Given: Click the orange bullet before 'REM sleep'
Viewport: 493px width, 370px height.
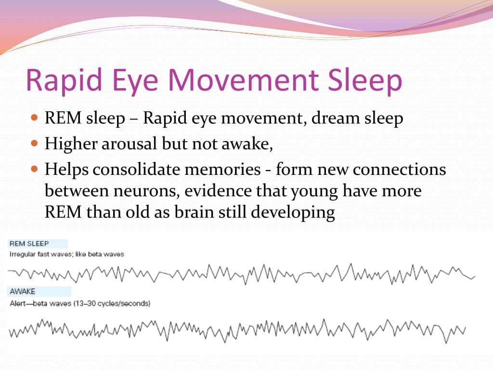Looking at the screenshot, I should (34, 118).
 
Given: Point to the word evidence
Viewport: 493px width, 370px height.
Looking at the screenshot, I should (222, 191).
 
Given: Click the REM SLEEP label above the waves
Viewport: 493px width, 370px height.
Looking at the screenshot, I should (29, 244).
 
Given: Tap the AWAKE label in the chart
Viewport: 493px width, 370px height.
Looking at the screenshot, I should (23, 291).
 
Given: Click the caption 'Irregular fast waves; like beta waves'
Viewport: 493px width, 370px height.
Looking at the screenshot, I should (67, 254).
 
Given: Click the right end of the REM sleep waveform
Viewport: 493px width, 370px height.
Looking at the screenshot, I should (474, 277).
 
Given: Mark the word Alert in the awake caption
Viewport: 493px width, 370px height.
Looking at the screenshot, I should (18, 304).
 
